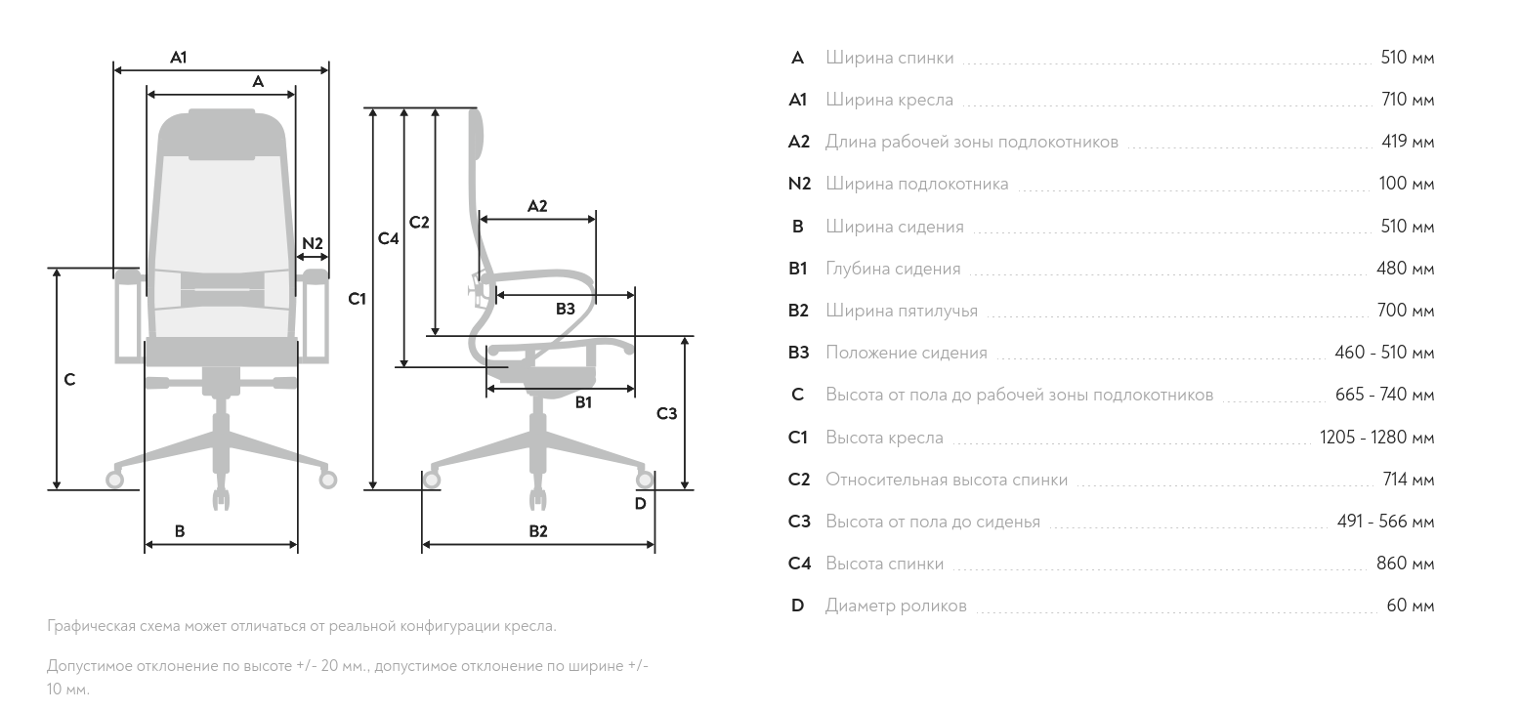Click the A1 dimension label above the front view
tap(178, 58)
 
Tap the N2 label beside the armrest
tap(312, 243)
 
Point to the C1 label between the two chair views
tap(358, 299)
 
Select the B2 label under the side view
tap(538, 531)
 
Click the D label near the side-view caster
tap(640, 504)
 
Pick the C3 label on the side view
tap(666, 414)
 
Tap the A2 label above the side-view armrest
tap(537, 206)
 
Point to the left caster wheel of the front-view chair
tap(114, 480)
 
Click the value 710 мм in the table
tap(1407, 100)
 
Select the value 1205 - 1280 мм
tap(1376, 438)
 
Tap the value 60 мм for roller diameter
tap(1410, 606)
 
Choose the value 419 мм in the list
tap(1407, 142)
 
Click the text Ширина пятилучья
tap(901, 312)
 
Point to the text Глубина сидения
tap(893, 269)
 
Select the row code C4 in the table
tap(798, 564)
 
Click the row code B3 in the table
tap(798, 353)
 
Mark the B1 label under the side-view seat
tap(583, 401)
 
